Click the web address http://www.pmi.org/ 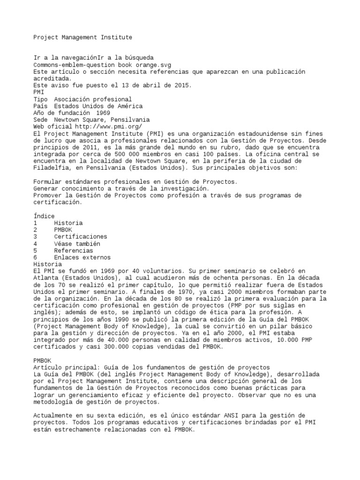(x=108, y=127)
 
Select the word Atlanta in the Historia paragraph (x=45, y=278)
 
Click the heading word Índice (x=44, y=216)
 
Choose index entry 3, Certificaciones (x=80, y=237)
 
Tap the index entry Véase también (x=77, y=244)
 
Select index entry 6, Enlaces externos (x=82, y=257)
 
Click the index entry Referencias (x=73, y=250)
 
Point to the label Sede (x=41, y=120)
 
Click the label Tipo (x=41, y=99)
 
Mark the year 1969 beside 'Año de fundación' (x=103, y=113)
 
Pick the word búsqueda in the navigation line (x=138, y=58)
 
